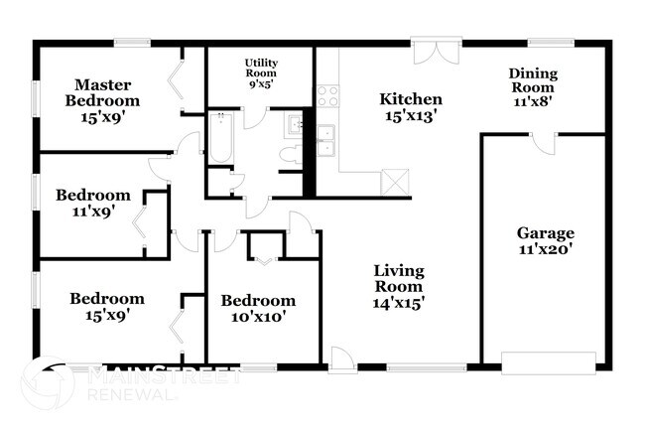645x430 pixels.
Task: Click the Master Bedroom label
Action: pos(102,92)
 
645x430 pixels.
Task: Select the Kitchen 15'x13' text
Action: pos(411,106)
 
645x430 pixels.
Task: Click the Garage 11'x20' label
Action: pos(545,241)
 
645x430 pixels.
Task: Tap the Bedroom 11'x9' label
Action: pos(92,203)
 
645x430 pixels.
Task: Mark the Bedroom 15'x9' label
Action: pos(106,306)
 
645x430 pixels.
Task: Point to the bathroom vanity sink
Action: pos(293,125)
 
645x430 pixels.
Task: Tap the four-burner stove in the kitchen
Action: pos(326,96)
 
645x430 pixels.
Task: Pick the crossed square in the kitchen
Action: pos(395,183)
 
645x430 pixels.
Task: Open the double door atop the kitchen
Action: pos(437,50)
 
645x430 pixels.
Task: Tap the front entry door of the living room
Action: pos(342,360)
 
